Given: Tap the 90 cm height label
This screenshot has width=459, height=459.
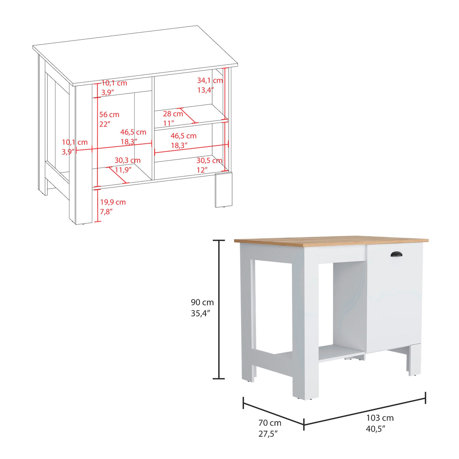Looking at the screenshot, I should coord(202,302).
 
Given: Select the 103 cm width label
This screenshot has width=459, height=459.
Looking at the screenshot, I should coord(380,418).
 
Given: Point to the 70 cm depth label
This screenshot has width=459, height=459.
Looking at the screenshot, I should coord(270,423).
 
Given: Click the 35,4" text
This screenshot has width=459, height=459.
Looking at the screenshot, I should coord(200,313).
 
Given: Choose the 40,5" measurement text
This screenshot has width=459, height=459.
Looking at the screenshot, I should coord(375,428).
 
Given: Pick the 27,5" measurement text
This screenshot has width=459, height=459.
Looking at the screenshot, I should coord(268,434).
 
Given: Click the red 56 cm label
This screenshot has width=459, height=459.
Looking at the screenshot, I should coord(109,115).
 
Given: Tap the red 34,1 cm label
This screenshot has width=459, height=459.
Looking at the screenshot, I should coord(210,81).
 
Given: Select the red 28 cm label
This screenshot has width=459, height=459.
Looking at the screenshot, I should coord(173,114).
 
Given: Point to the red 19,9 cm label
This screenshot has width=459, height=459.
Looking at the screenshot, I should coord(113,202).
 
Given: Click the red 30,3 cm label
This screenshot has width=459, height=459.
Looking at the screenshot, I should coord(127,161).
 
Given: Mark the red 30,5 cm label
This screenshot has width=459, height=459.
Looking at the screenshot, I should coord(209,161).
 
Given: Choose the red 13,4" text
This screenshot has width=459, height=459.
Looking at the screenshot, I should coord(205,90).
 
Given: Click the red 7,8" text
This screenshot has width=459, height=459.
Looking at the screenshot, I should coord(107,212).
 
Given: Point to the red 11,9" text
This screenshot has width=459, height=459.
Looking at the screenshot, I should coord(123,170).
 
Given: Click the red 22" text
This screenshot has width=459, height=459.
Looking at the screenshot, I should coord(104,124).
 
